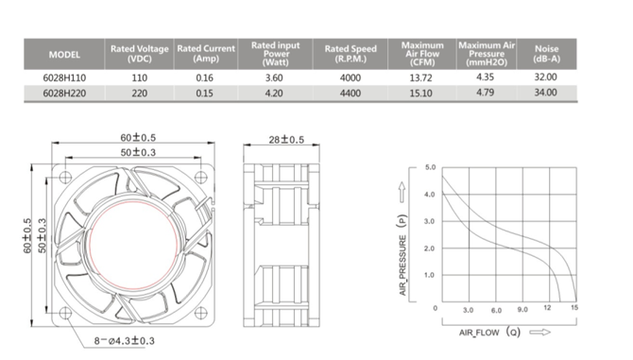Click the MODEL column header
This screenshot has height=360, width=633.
click(64, 55)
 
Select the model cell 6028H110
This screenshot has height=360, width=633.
click(64, 77)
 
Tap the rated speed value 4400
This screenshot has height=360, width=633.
click(350, 94)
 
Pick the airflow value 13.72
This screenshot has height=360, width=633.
click(420, 77)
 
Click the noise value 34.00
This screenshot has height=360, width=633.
click(545, 93)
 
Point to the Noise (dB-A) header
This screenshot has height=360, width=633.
click(547, 54)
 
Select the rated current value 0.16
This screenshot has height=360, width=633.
click(204, 77)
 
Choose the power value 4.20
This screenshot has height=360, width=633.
click(274, 94)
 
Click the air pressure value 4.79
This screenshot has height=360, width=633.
click(485, 93)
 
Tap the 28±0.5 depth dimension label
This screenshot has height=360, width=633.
click(286, 140)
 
